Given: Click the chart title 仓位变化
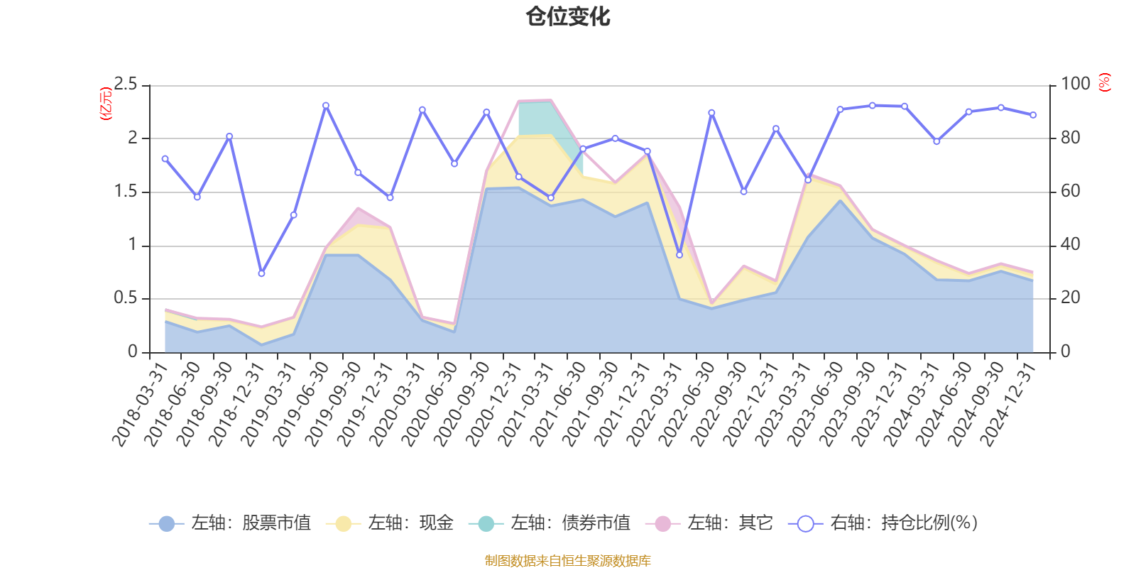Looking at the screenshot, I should point(568,16).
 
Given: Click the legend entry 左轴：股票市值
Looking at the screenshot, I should point(231,523).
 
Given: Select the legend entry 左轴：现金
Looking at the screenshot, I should point(390,523).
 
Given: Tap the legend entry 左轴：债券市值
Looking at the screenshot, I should point(550,523).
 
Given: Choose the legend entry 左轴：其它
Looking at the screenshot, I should point(709,523).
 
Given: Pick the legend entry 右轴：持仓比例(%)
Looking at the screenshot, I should point(883,523).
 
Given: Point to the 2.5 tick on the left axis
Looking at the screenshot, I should point(126,84).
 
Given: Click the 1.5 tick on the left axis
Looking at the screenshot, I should point(126,192).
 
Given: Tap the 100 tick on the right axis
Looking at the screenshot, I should point(1075,84).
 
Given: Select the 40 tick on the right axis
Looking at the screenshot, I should point(1070,245).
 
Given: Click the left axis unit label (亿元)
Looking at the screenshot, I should point(106,104).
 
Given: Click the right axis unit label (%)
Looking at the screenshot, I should point(1104,83).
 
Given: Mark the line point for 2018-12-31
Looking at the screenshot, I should point(261,273).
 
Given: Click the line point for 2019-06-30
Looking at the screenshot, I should point(326,105).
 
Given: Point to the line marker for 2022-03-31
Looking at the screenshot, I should point(679,255).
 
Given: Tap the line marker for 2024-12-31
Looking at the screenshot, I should point(1033,115).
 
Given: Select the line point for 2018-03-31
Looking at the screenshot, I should point(165,158).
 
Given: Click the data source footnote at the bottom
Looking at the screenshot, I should point(568,561).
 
